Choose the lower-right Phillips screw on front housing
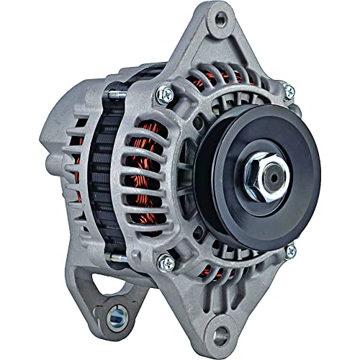290,251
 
